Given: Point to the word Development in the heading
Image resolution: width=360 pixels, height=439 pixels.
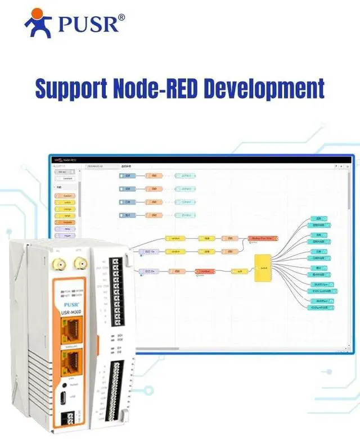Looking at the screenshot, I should tap(266, 89).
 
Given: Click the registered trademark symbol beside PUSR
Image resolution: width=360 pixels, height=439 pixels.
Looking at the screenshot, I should tap(121, 17).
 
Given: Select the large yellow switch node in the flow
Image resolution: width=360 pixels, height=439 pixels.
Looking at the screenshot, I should tap(263, 268).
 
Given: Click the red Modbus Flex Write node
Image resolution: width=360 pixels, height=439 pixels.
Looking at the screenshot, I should tap(262, 238).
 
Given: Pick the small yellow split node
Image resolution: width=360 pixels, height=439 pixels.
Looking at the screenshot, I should tap(239, 271).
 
